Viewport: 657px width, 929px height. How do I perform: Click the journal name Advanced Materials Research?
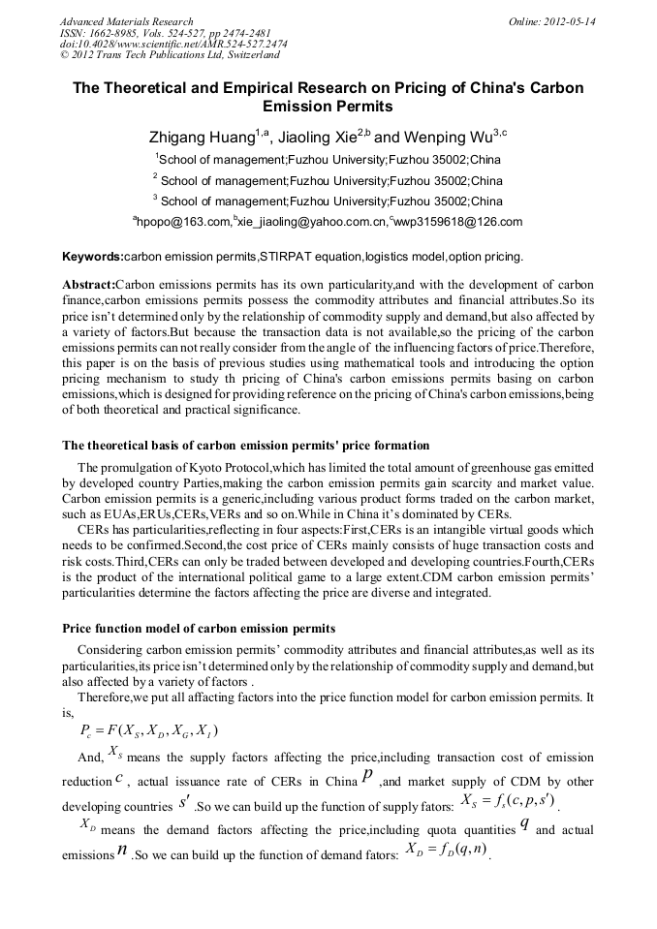click(126, 21)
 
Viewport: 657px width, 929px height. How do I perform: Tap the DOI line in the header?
click(173, 45)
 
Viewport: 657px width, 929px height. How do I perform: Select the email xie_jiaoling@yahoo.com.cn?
click(311, 223)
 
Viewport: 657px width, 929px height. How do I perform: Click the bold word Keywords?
click(92, 258)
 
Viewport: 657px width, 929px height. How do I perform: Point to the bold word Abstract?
click(88, 285)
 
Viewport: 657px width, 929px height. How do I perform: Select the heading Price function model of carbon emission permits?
click(199, 629)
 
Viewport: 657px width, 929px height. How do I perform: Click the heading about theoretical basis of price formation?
click(245, 446)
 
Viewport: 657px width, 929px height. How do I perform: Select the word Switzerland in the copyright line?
click(246, 56)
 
